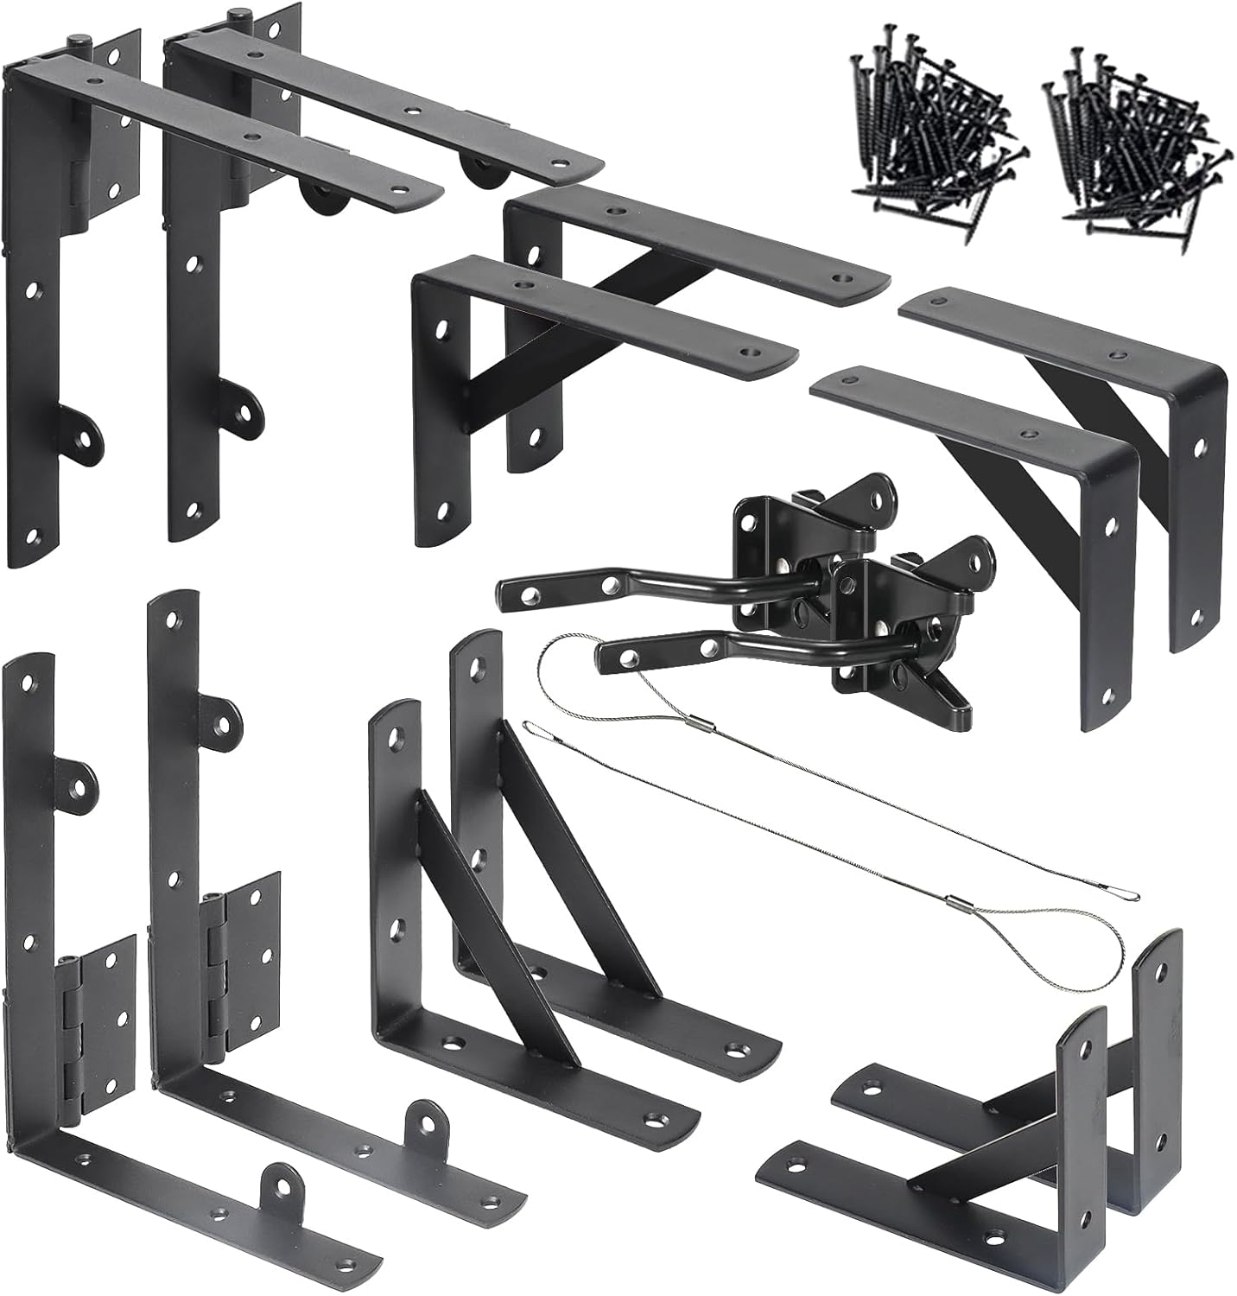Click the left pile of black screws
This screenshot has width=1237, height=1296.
[924, 143]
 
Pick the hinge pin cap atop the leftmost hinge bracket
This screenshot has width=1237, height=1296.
[80, 40]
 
